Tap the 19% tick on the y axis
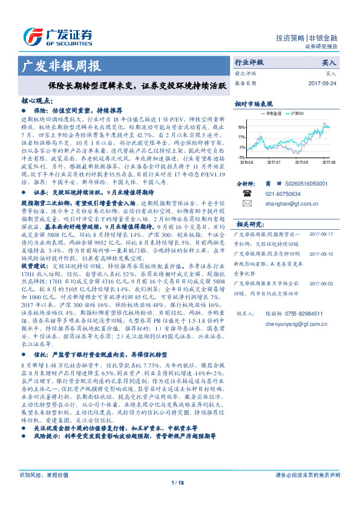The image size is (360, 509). click(241, 128)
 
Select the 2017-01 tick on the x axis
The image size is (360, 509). click(274, 163)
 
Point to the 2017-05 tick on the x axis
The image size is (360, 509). click(301, 163)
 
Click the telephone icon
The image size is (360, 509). click(247, 194)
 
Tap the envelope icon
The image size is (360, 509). click(247, 205)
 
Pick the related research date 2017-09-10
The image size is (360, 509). click(330, 254)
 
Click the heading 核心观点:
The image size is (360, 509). click(37, 102)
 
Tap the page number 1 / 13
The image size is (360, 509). click(177, 499)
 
